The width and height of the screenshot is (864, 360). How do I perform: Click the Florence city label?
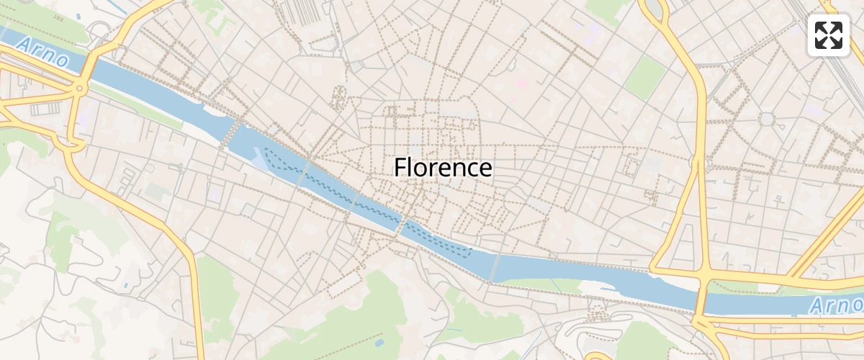click(443, 168)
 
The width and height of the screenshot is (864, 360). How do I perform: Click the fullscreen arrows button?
click(829, 35)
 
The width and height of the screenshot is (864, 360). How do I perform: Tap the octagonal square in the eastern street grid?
click(766, 119)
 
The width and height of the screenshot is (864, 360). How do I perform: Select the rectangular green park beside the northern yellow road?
click(645, 78)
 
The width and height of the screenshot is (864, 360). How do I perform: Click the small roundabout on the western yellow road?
click(78, 89)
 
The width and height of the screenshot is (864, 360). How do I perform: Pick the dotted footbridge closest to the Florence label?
click(401, 226)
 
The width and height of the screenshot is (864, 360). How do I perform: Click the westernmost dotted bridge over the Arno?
click(232, 132)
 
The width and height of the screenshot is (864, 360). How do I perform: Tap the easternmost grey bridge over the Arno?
click(495, 266)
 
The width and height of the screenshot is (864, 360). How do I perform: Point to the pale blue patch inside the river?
click(258, 158)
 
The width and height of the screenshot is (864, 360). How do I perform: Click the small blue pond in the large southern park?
click(379, 343)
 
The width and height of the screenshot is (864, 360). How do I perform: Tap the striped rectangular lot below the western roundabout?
click(45, 109)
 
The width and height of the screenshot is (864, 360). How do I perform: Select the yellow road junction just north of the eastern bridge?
click(702, 274)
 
